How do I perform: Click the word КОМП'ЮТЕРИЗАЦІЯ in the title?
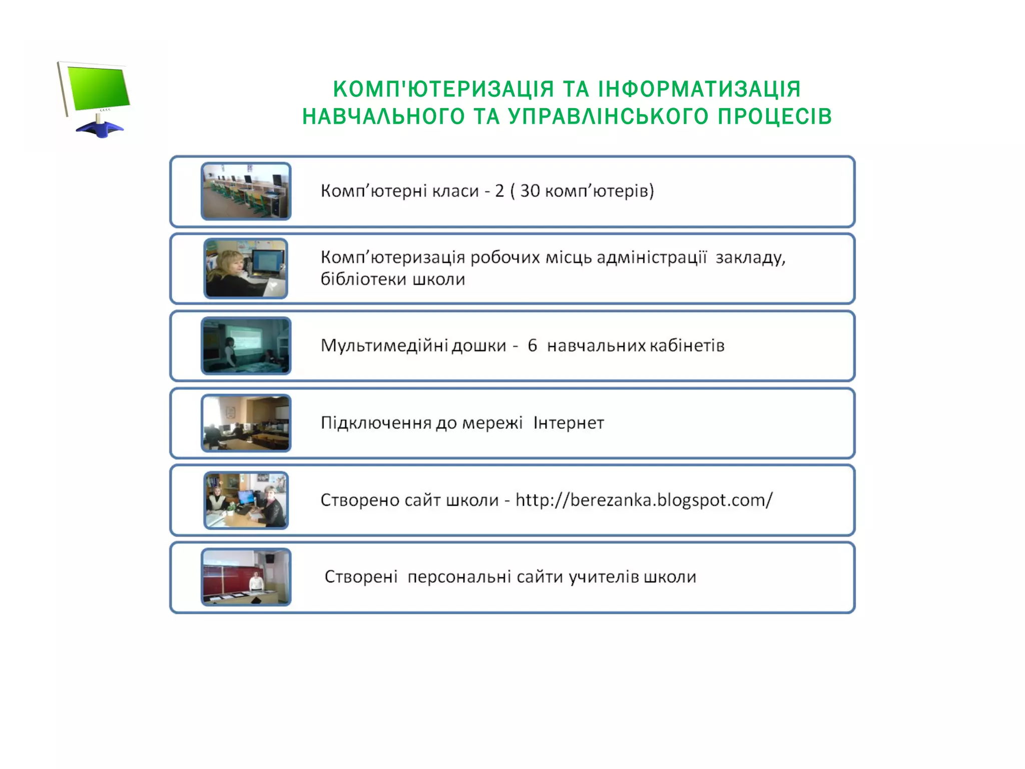click(443, 90)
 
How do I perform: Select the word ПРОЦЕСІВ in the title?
click(775, 117)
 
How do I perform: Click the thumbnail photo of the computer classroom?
click(246, 191)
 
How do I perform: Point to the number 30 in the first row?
click(530, 191)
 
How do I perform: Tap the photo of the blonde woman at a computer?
click(246, 268)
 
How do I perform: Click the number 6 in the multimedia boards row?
click(532, 345)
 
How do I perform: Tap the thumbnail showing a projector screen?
click(246, 345)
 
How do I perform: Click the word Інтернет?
click(569, 423)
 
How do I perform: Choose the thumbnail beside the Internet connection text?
click(246, 423)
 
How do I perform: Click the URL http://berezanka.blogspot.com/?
click(644, 500)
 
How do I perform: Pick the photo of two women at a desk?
click(246, 500)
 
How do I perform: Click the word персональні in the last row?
click(459, 577)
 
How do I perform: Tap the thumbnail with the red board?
click(246, 577)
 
